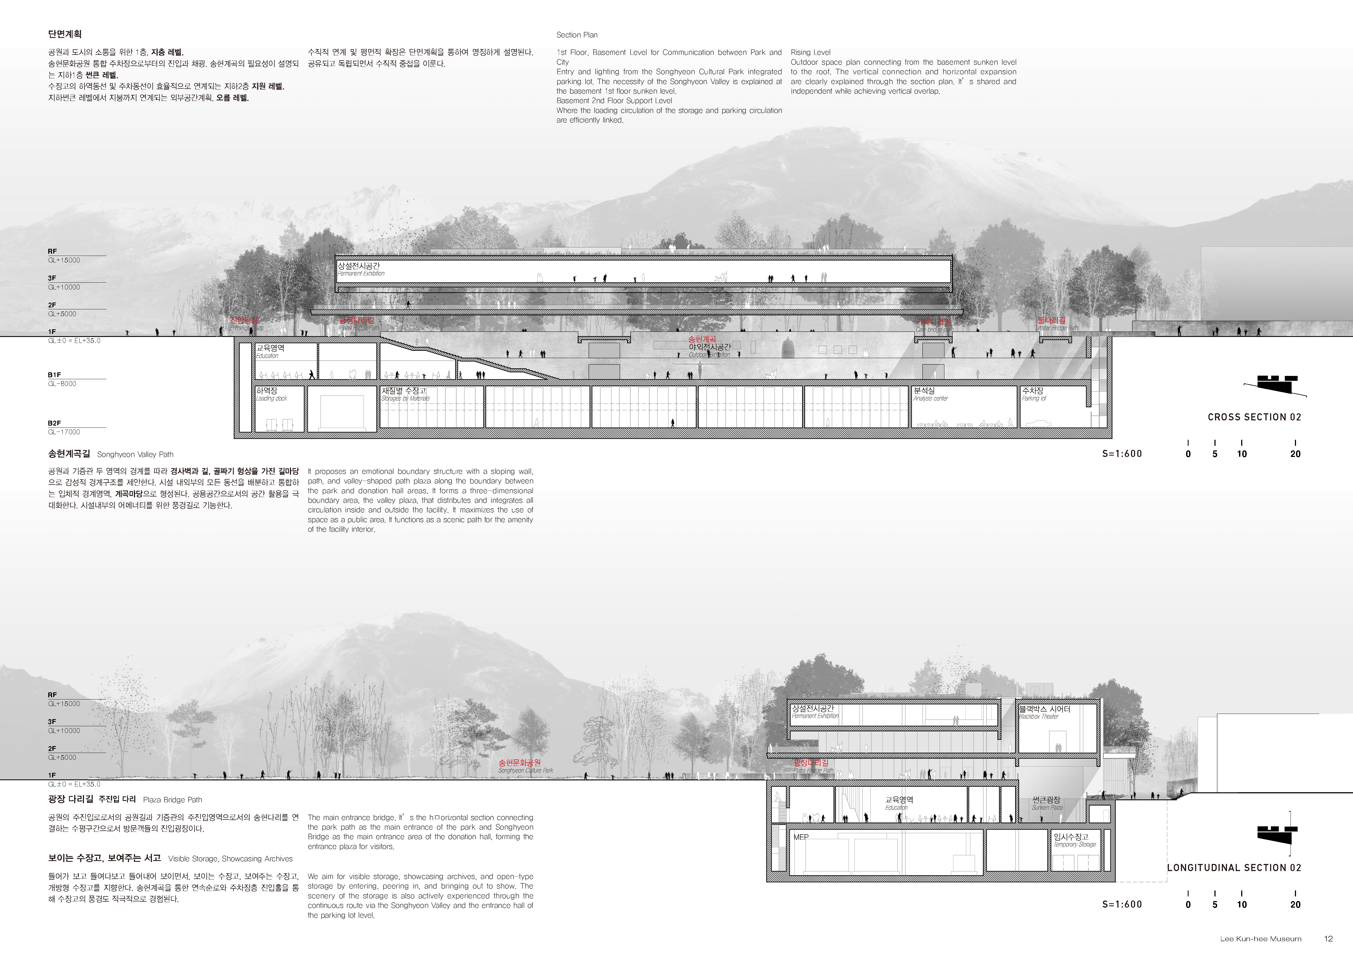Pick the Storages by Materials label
coord(404,394)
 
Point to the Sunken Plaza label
coord(1046,803)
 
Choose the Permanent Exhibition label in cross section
coord(360,269)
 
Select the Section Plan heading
coord(577,35)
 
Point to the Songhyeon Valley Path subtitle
coord(135,454)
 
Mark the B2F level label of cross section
coord(54,423)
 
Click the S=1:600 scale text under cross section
coord(1122,454)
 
